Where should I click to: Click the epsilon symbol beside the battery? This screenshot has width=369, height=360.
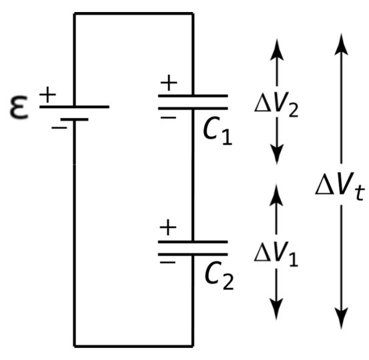[x=19, y=107]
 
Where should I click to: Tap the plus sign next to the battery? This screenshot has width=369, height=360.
[x=48, y=95]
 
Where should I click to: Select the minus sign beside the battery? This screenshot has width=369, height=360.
[x=59, y=128]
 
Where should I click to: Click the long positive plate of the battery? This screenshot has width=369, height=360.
[x=74, y=107]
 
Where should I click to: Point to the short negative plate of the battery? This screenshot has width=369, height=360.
[x=74, y=120]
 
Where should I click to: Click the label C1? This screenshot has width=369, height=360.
[x=218, y=131]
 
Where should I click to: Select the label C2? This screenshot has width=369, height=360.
[x=219, y=275]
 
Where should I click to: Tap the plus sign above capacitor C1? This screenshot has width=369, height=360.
[x=169, y=83]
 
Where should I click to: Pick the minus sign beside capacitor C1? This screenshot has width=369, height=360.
[x=168, y=117]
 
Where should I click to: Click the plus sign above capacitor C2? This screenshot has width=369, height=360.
[x=168, y=227]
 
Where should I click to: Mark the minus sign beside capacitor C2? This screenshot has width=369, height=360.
[x=167, y=263]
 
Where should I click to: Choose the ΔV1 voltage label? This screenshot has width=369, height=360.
[x=276, y=255]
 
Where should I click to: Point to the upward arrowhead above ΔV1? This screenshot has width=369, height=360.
[x=276, y=195]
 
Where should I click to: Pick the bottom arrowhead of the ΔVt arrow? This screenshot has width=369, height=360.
[x=341, y=318]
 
